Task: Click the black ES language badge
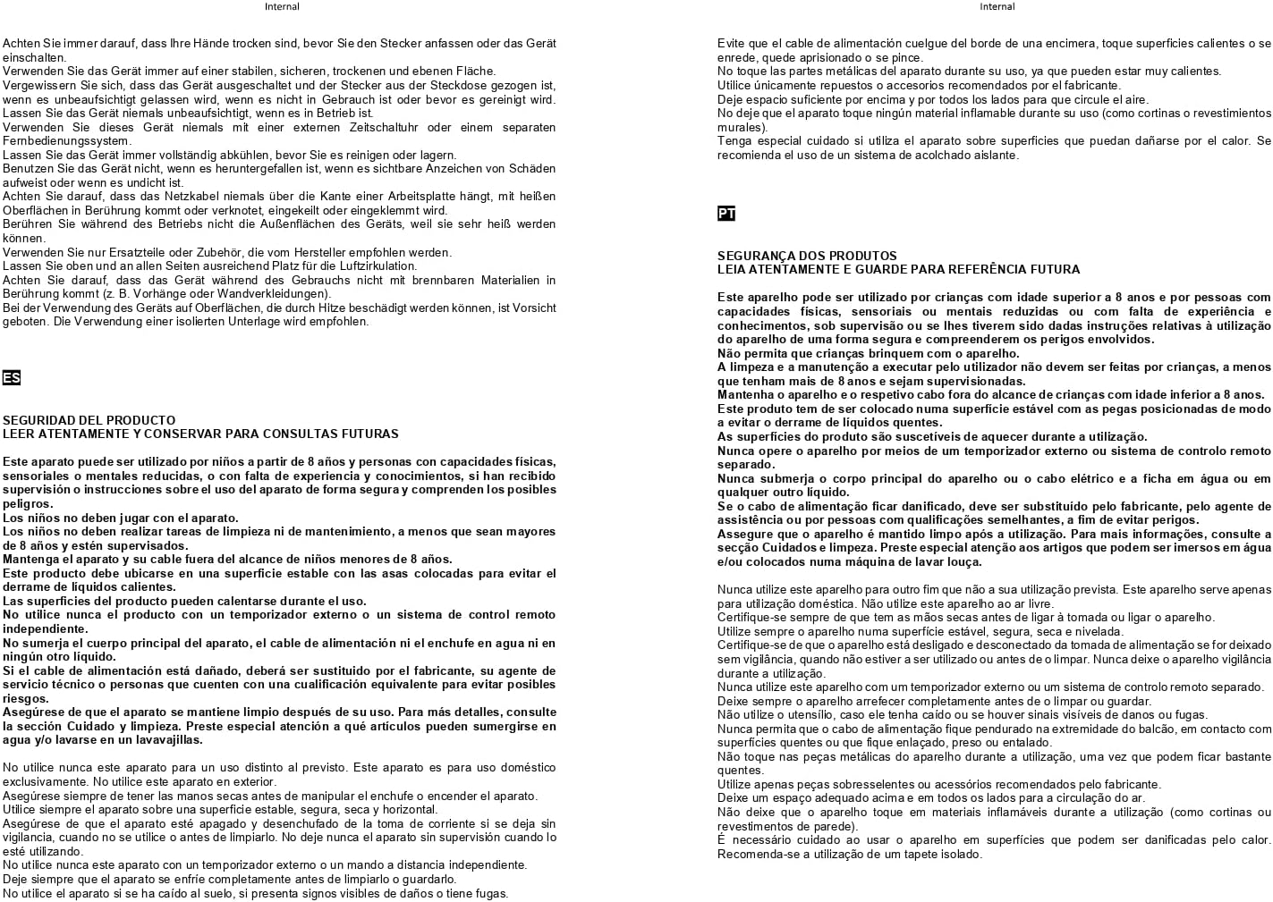[x=12, y=378]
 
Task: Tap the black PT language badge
[x=726, y=214]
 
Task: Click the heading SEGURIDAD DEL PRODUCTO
[x=89, y=420]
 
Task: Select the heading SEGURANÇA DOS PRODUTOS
[x=807, y=256]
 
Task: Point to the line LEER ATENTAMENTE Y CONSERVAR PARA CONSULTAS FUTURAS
[x=200, y=434]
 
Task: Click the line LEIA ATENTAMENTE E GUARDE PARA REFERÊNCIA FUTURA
[x=898, y=269]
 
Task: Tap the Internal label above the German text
[x=282, y=6]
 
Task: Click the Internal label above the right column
[x=997, y=6]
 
